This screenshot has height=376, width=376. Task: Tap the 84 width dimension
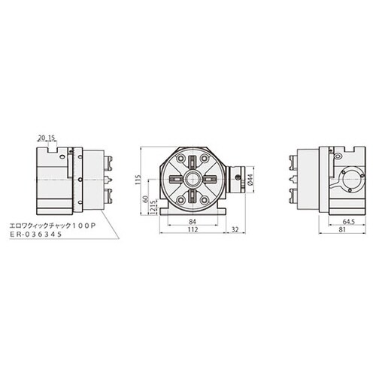pyautogui.click(x=193, y=222)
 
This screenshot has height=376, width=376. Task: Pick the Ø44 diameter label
pyautogui.click(x=248, y=180)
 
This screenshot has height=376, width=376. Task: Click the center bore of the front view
pyautogui.click(x=193, y=180)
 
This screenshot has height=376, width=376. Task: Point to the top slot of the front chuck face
pyautogui.click(x=193, y=162)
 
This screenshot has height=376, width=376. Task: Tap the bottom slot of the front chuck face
pyautogui.click(x=193, y=199)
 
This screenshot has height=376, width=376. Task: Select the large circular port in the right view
pyautogui.click(x=348, y=180)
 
